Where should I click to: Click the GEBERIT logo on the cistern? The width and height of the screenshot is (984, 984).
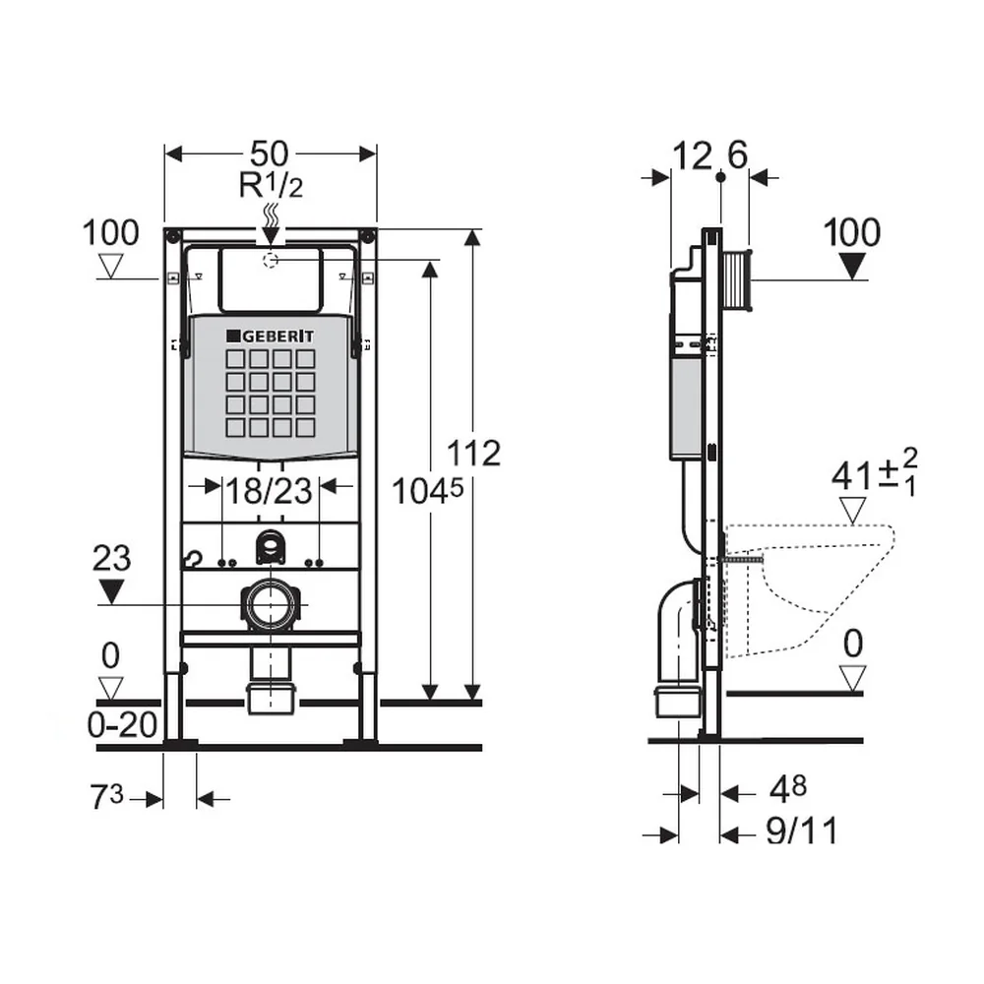tap(270, 337)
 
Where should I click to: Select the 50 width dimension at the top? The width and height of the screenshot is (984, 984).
tap(270, 154)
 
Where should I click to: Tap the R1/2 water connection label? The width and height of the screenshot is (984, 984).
tap(272, 185)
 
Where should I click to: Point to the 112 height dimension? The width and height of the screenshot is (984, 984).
tap(474, 453)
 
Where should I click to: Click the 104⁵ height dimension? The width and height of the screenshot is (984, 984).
tap(427, 490)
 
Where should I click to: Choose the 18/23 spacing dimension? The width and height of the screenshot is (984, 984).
tap(269, 491)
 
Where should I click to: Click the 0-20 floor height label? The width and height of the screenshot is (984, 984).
tap(122, 726)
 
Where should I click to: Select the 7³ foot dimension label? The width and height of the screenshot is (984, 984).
tap(107, 798)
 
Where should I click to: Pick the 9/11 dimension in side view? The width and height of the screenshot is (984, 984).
tap(802, 831)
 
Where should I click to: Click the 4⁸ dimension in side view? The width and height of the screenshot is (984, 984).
tap(788, 790)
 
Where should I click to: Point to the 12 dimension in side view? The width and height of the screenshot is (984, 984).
tap(692, 155)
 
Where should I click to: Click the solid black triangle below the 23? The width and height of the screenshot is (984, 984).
tap(112, 591)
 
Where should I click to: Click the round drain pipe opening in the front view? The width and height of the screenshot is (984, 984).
tap(270, 604)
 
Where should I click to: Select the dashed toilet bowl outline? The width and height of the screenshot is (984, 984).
tap(810, 589)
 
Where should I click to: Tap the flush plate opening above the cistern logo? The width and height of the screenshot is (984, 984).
tap(271, 279)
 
